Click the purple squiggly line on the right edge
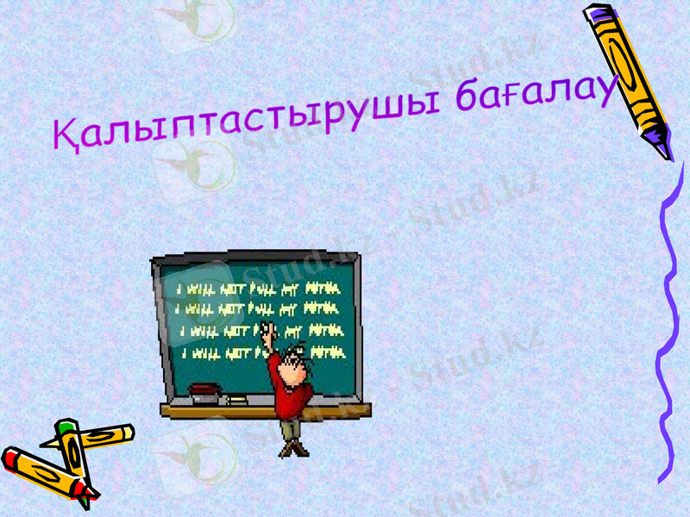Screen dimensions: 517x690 (669, 327)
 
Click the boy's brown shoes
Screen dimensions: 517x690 (293, 449)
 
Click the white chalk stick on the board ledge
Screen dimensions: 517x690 (234, 400)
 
